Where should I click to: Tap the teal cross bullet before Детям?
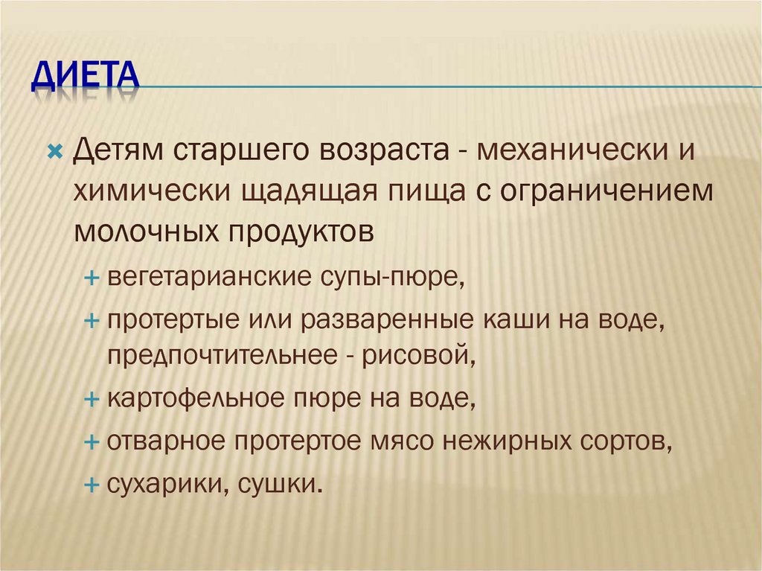[x=55, y=152]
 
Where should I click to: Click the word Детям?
[x=118, y=150]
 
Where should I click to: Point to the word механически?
[x=573, y=150]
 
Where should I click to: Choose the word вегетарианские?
[x=209, y=278]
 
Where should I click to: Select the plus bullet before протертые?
[x=92, y=321]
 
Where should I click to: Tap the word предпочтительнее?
[x=222, y=356]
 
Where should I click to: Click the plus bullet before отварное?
[x=92, y=442]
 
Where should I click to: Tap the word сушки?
[x=281, y=485]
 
